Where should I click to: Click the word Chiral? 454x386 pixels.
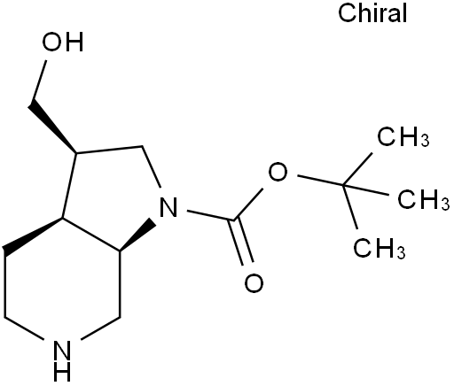click(372, 13)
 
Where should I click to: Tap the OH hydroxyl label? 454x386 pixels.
click(63, 42)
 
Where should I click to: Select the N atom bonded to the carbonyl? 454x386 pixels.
click(168, 207)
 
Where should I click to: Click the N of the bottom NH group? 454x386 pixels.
click(63, 351)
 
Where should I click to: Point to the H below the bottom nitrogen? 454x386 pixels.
click(63, 372)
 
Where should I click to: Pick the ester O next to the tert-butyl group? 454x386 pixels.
click(278, 172)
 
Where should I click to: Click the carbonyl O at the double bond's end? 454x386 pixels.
click(254, 283)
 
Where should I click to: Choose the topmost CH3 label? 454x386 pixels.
click(403, 136)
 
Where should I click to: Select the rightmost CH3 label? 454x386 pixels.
click(423, 200)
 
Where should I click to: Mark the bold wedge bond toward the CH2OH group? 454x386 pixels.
click(52, 127)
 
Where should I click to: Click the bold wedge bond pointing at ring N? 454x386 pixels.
click(137, 235)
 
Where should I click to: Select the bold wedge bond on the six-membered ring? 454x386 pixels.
click(34, 235)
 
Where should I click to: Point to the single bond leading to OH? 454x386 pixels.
click(39, 81)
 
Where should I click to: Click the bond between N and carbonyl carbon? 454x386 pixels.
click(211, 215)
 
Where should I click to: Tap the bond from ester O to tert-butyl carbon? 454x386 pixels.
click(320, 181)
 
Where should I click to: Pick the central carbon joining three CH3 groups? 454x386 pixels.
click(343, 185)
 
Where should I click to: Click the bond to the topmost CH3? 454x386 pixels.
click(357, 169)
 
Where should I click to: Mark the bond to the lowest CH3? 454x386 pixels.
click(350, 207)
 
